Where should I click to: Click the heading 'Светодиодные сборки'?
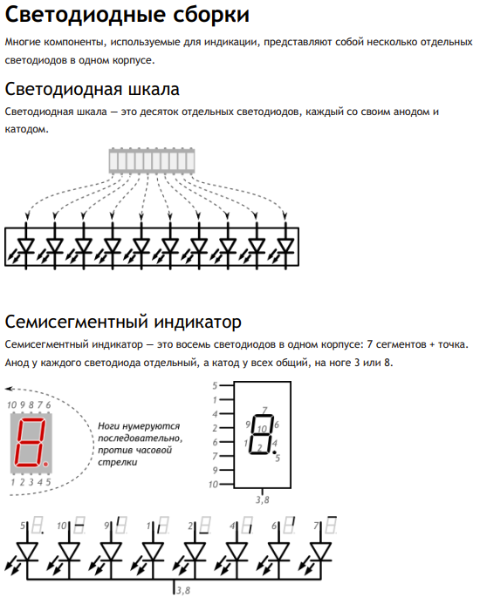pyautogui.click(x=127, y=16)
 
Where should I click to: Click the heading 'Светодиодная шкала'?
pyautogui.click(x=93, y=89)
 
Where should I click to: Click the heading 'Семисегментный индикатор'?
pyautogui.click(x=123, y=322)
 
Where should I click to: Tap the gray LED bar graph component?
pyautogui.click(x=152, y=160)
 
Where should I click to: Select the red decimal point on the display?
pyautogui.click(x=45, y=463)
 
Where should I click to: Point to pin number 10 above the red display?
pyautogui.click(x=11, y=404)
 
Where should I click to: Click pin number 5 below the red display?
pyautogui.click(x=48, y=482)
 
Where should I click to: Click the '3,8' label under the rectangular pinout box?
pyautogui.click(x=262, y=500)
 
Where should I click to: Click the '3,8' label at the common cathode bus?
pyautogui.click(x=183, y=591)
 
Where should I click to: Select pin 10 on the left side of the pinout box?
pyautogui.click(x=214, y=484)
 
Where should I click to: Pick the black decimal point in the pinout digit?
pyautogui.click(x=274, y=452)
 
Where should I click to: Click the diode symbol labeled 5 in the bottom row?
pyautogui.click(x=27, y=552)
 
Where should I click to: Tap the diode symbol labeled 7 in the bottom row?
pyautogui.click(x=321, y=552)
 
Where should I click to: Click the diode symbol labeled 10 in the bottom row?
pyautogui.click(x=69, y=552)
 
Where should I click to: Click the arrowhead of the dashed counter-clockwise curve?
pyautogui.click(x=10, y=389)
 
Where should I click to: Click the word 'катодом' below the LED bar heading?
pyautogui.click(x=27, y=129)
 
